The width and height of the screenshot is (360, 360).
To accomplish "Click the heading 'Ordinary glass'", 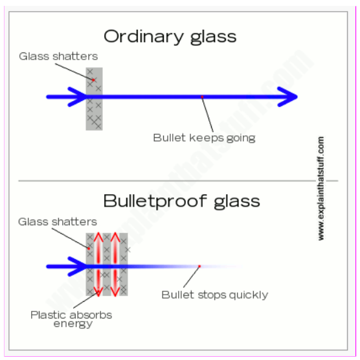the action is click(x=170, y=37).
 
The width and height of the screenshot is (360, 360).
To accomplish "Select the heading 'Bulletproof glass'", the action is click(x=181, y=201).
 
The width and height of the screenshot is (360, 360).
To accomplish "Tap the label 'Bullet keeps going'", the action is click(x=204, y=138).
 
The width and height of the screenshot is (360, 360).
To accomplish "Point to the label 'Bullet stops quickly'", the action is click(x=215, y=295).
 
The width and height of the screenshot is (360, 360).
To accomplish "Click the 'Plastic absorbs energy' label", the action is click(x=71, y=319).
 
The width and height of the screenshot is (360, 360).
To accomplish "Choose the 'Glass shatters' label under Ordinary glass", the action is click(x=58, y=56).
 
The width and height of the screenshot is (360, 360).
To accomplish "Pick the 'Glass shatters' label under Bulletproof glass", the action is click(x=58, y=222).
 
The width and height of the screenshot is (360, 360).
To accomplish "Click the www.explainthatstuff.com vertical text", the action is click(x=321, y=188).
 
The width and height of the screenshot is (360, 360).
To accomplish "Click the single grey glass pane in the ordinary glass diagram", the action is click(x=94, y=99).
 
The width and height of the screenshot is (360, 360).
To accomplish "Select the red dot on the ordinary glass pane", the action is click(x=93, y=80).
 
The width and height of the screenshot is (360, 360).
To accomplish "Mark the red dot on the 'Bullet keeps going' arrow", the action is click(x=202, y=97).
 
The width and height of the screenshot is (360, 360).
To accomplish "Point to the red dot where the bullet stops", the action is click(x=199, y=266).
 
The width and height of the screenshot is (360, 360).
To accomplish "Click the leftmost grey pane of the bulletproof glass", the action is click(x=90, y=264).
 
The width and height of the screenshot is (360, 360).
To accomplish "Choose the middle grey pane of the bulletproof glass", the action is click(x=107, y=264).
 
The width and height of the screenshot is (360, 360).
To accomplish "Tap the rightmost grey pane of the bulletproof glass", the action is click(x=124, y=264).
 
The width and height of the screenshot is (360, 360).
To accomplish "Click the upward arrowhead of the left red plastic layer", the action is click(x=98, y=236).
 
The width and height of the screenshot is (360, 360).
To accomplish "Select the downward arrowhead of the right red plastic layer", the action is click(x=115, y=291).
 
